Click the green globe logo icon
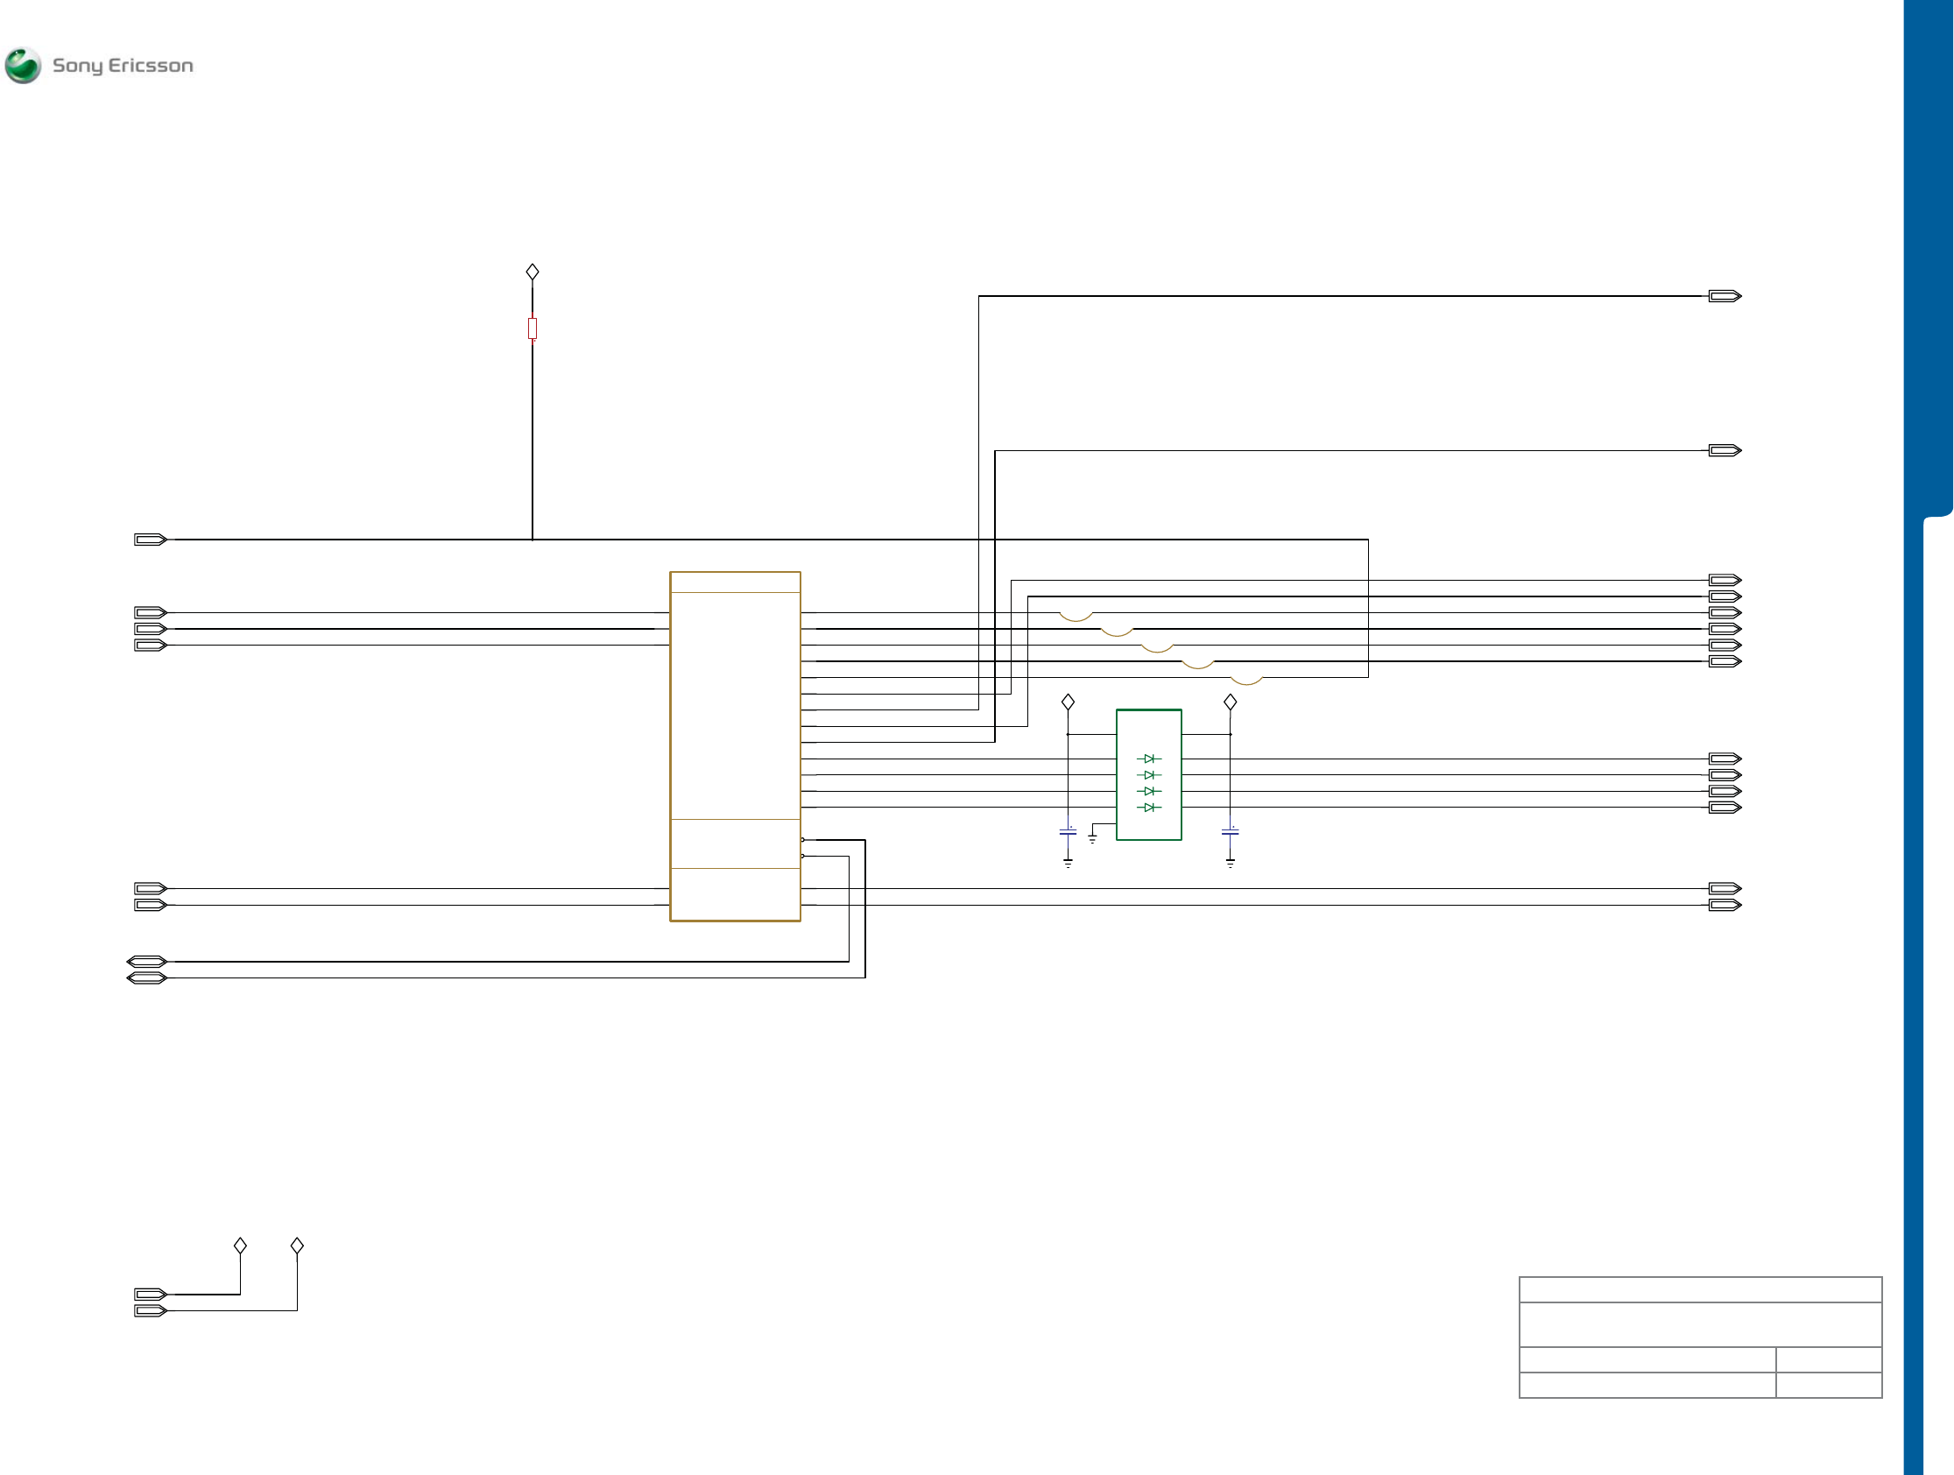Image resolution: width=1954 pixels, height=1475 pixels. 23,66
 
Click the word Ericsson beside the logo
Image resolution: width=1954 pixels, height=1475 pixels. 150,66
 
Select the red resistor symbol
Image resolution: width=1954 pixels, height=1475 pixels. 533,328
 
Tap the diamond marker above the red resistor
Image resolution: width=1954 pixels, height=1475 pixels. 533,272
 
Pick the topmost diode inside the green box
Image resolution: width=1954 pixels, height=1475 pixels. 1148,759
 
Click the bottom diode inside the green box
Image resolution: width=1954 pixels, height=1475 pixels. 1148,808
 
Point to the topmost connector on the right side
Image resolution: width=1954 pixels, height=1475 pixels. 1725,296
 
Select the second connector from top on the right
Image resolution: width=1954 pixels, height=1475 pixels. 1725,450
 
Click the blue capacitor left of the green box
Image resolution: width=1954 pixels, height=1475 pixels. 1068,832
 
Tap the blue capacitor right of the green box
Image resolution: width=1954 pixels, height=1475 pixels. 1230,832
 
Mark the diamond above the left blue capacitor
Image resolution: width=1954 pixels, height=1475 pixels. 1068,702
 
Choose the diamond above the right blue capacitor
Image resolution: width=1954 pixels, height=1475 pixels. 1230,702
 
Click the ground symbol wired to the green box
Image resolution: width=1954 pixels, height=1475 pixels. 1093,839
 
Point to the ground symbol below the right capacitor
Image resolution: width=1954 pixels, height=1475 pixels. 1230,863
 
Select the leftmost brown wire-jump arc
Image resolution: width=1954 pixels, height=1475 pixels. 1076,617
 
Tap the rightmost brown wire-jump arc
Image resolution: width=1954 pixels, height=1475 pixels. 1246,681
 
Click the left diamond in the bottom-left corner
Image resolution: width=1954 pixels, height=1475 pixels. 240,1246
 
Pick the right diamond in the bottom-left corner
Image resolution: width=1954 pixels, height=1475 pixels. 297,1246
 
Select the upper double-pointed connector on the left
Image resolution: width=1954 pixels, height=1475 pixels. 146,961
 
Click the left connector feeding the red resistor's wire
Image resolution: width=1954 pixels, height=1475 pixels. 150,540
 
